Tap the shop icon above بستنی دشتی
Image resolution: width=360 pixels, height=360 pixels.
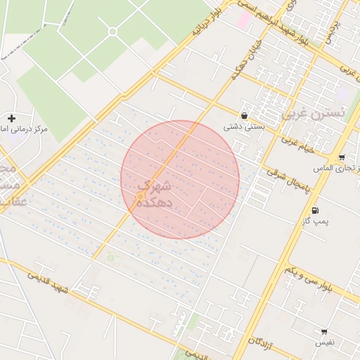tap(244, 116)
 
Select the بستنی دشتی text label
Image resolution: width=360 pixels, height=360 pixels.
tap(243, 127)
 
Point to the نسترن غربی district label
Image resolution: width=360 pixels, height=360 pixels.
tap(314, 112)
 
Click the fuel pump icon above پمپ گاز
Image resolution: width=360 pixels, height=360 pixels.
tap(314, 210)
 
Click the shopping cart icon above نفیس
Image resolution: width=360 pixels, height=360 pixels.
tap(324, 331)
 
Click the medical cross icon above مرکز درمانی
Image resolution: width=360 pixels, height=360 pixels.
tap(12, 118)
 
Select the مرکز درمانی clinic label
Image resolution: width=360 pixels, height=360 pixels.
tap(28, 130)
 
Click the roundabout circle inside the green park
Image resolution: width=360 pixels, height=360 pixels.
tap(112, 32)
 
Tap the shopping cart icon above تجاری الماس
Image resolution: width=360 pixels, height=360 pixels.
tap(341, 157)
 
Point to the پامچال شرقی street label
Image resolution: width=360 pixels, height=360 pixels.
tap(288, 181)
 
